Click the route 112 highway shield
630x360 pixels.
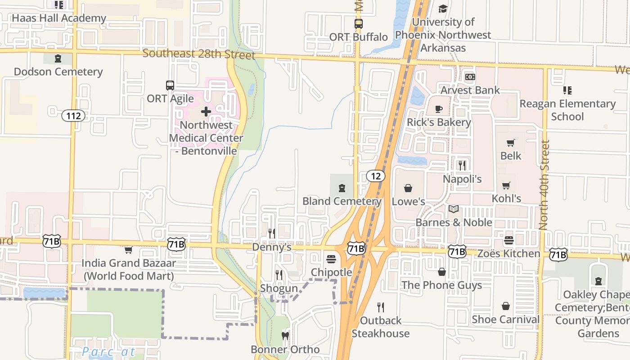73,116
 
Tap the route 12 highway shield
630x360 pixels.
376,176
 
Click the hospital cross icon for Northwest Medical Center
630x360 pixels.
206,112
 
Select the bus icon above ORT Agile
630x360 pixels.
170,85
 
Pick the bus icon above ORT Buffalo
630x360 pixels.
358,24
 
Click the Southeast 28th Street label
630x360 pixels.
199,54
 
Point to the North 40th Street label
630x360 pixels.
544,184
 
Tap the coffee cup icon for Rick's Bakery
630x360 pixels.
439,109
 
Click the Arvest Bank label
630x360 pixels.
470,90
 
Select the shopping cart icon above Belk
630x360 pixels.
511,143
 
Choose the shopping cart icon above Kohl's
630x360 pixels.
506,185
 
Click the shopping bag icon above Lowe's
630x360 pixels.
408,188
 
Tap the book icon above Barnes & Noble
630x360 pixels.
454,209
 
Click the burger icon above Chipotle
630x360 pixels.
331,259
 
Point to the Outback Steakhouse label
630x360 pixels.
381,327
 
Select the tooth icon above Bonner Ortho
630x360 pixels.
285,336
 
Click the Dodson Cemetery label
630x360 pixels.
58,72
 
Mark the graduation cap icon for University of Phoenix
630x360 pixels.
443,9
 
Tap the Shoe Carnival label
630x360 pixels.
505,319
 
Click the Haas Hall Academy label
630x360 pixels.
59,18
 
